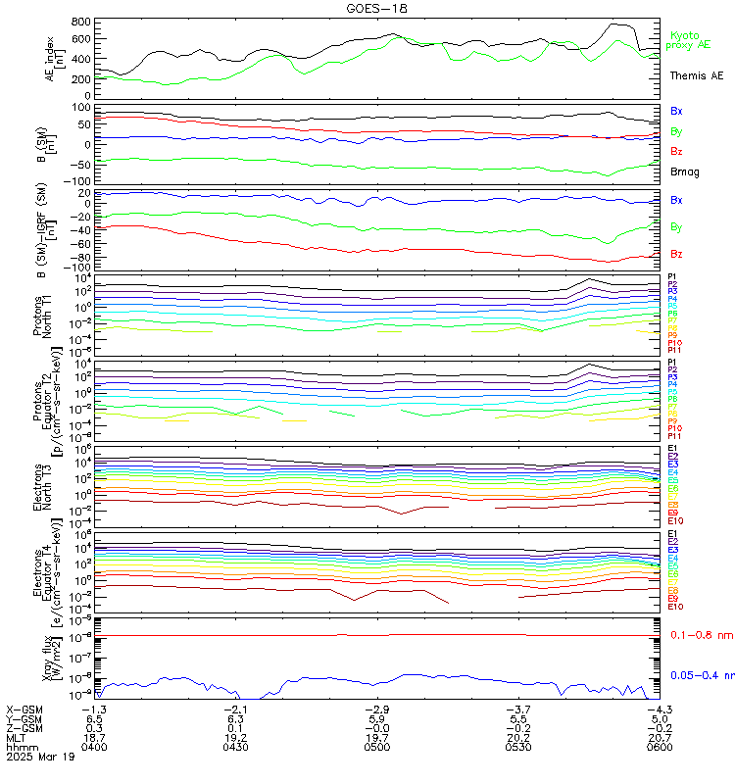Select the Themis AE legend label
pyautogui.click(x=696, y=75)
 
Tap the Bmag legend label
pyautogui.click(x=683, y=171)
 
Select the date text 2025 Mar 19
pyautogui.click(x=39, y=757)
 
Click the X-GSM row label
pyautogui.click(x=24, y=709)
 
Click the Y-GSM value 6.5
pyautogui.click(x=93, y=718)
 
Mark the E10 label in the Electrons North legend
pyautogui.click(x=675, y=520)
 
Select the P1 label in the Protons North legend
pyautogui.click(x=673, y=277)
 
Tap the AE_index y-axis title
pyautogui.click(x=53, y=56)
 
